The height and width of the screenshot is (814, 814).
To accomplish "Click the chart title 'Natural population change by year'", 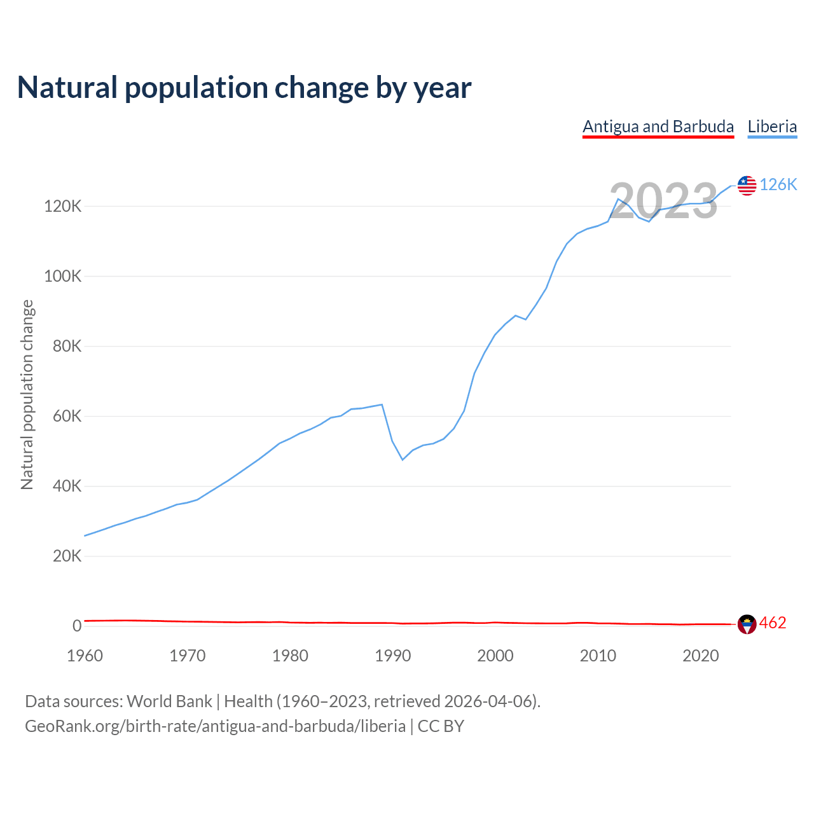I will pos(244,88).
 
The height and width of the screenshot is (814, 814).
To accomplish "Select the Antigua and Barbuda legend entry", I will pos(658,127).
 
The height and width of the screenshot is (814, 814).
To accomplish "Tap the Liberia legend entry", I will pos(772,127).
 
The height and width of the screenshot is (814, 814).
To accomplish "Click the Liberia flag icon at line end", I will pos(747,185).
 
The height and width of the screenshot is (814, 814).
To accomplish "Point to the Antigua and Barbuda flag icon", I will pos(747,624).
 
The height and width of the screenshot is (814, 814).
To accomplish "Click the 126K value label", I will pos(778,184).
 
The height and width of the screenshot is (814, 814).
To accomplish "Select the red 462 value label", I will pos(773,623).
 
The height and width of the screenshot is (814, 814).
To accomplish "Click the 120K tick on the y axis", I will pos(62,207).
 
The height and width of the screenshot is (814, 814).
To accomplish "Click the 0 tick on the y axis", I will pos(77,626).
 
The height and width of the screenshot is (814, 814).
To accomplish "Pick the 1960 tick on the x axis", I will pos(85,656).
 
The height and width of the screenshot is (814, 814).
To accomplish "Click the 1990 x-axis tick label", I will pos(392,656).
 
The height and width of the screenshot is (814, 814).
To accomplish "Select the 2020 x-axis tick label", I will pos(700,656).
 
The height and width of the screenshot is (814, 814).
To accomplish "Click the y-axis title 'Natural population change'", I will pos(27,395).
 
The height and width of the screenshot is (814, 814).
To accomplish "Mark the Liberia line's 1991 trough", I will pos(403,459).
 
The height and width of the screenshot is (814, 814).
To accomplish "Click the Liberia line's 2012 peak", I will pos(618,199).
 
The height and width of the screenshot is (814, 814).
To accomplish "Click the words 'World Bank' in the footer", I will pos(169,701).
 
